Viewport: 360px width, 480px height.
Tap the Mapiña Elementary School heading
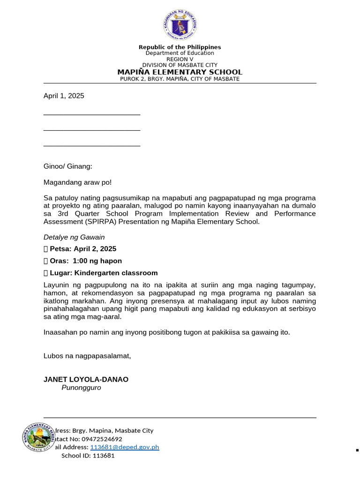coord(180,72)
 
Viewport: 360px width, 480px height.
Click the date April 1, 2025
coord(64,96)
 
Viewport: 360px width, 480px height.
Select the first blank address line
coord(92,114)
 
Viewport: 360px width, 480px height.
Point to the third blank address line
coord(92,146)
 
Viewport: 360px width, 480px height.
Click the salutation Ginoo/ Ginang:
coord(68,166)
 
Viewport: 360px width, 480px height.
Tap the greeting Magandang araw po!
coord(78,182)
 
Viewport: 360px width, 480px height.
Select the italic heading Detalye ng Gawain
coord(74,237)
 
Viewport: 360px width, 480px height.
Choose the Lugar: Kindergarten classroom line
coord(100,273)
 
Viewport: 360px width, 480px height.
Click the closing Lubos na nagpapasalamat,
coord(87,356)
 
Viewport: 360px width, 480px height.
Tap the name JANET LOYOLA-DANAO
coord(86,379)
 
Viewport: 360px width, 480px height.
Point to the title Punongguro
coord(81,388)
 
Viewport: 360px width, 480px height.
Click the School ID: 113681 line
coord(88,456)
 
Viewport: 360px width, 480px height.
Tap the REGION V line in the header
coord(180,59)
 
